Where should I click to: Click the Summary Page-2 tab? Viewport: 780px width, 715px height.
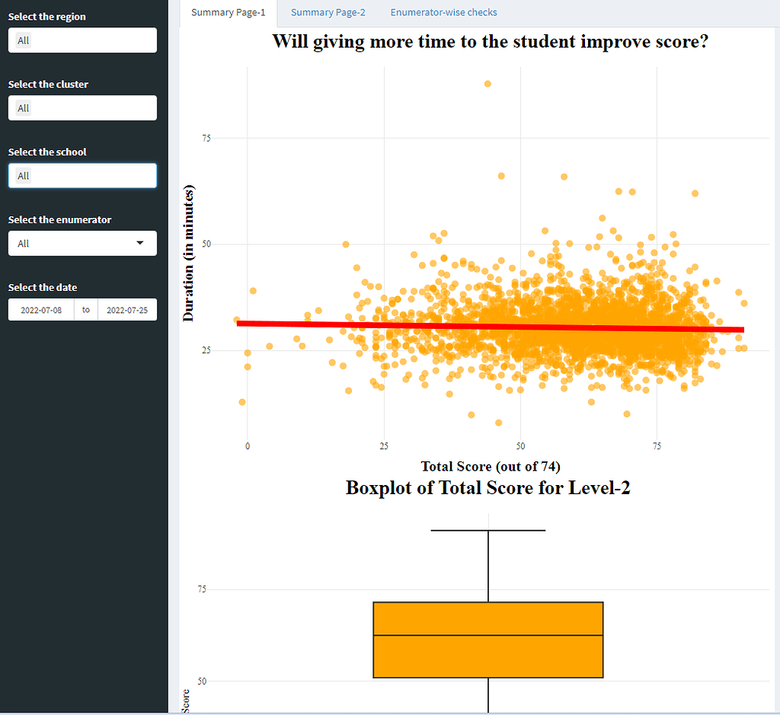point(328,12)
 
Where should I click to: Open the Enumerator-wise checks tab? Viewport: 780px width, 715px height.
point(443,12)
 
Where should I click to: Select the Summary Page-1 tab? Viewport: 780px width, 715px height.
point(229,12)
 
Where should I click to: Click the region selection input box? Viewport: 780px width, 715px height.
point(82,40)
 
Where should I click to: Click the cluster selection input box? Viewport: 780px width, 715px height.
point(82,108)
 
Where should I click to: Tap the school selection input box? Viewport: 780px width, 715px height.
point(82,176)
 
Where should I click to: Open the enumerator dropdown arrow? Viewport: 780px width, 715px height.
point(139,243)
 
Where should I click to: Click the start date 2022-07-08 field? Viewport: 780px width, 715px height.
point(41,310)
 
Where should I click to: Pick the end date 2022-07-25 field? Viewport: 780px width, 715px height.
point(126,310)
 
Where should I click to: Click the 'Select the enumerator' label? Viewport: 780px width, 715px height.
point(59,220)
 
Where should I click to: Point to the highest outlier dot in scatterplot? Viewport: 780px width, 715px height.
point(487,84)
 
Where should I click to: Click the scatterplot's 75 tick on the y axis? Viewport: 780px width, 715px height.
point(206,138)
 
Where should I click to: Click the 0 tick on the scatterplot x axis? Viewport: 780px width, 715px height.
point(248,445)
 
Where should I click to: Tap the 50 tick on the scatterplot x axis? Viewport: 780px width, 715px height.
point(520,445)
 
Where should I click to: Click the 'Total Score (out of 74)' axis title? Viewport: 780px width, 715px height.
point(491,466)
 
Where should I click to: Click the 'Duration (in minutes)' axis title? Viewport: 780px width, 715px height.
point(189,253)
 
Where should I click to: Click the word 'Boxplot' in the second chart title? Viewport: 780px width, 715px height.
point(379,487)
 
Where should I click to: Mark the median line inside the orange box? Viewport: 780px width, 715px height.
point(487,635)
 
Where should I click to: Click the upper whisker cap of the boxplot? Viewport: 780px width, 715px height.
point(487,530)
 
